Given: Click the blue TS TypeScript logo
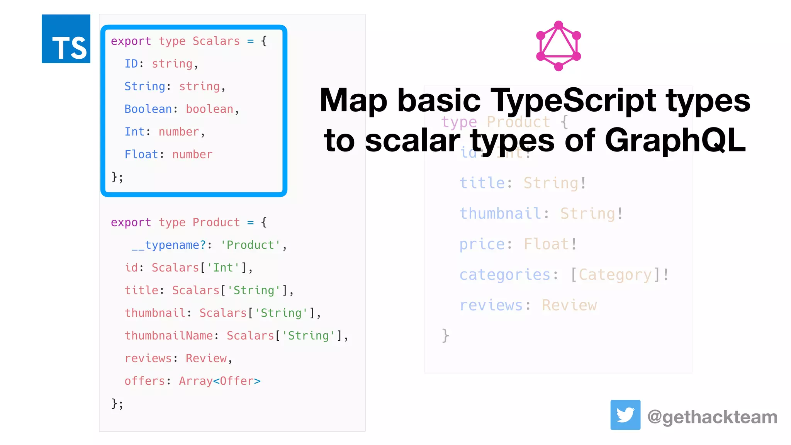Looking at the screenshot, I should click(x=66, y=39).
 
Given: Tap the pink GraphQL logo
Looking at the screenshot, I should click(x=558, y=46).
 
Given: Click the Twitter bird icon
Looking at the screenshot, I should click(x=625, y=415).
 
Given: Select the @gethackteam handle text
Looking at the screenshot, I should click(x=712, y=417).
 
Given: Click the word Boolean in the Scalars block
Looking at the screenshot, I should click(x=148, y=109).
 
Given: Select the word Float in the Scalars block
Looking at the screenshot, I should click(x=141, y=154).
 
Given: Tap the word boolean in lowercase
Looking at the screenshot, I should click(x=210, y=109).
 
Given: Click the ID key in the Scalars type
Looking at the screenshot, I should click(x=131, y=63).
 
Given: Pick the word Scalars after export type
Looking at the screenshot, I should click(x=216, y=41).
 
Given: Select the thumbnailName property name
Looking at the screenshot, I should click(x=169, y=335).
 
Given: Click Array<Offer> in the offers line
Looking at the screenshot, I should click(x=220, y=381).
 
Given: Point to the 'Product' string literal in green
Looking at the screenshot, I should click(x=250, y=245).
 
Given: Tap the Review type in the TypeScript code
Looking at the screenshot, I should click(x=206, y=358).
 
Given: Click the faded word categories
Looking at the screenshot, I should click(x=505, y=275).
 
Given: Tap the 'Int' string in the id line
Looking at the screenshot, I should click(x=223, y=267).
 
